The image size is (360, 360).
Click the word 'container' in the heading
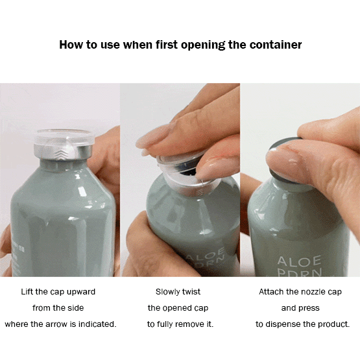[x=276, y=45]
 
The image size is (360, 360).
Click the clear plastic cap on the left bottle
[x=64, y=138]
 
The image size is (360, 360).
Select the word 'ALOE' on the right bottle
[x=299, y=262]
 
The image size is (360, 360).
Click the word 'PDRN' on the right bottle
[x=300, y=272]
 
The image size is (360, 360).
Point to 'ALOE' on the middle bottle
[x=205, y=254]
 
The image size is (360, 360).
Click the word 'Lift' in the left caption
[x=27, y=292]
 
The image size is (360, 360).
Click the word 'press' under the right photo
[x=309, y=308]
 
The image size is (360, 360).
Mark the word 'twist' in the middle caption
[x=191, y=292]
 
